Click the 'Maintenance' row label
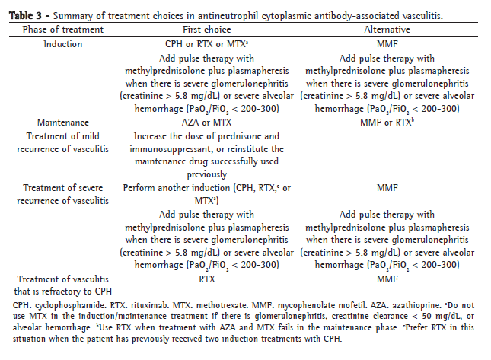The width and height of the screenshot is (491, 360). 63,122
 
